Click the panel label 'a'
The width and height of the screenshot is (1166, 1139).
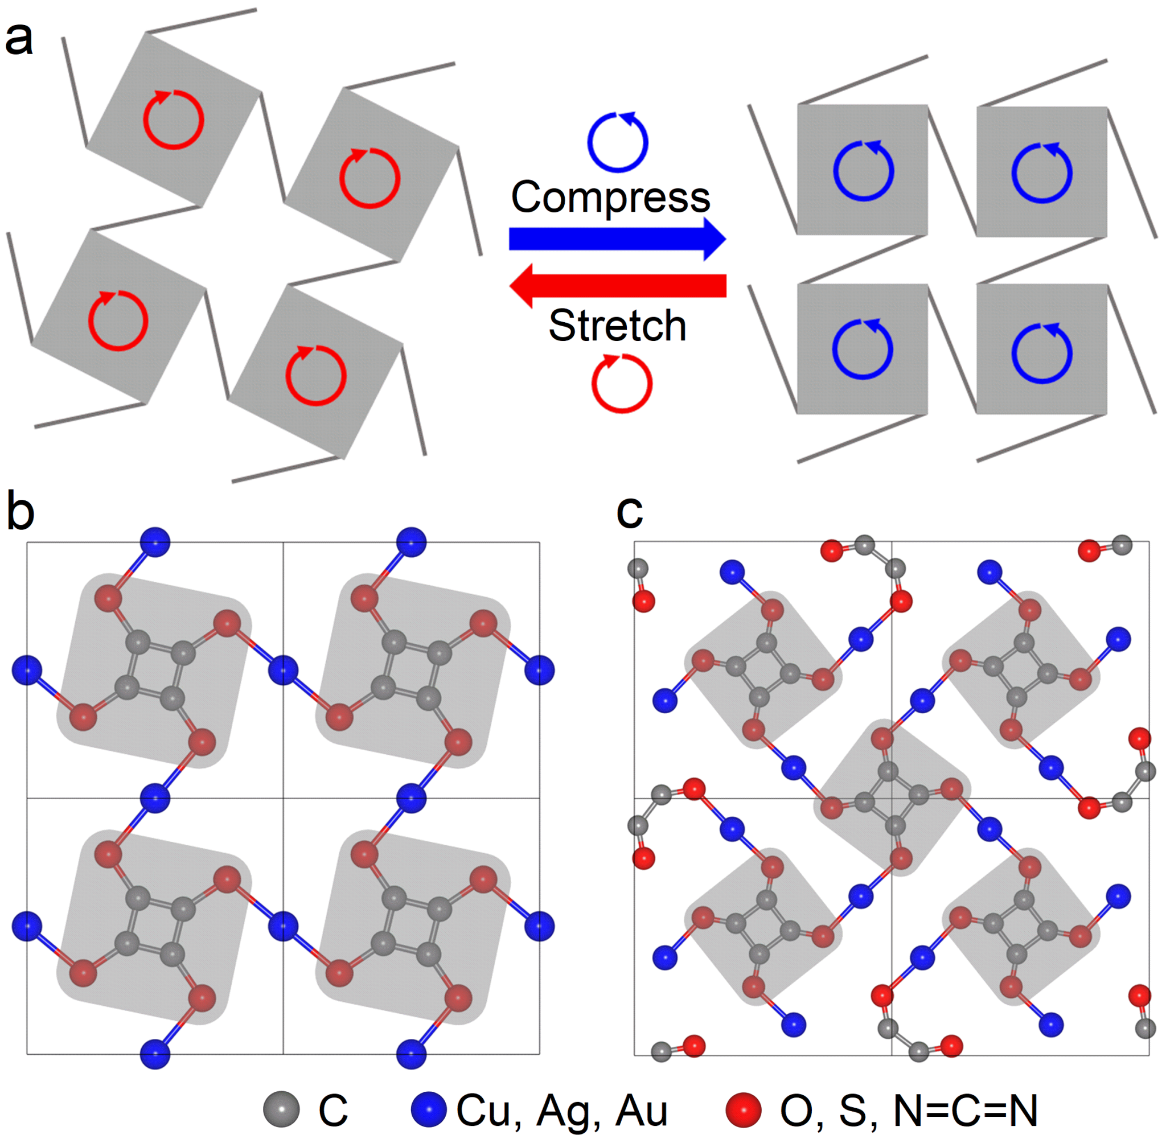click(x=19, y=39)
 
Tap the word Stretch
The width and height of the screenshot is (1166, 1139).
click(x=617, y=326)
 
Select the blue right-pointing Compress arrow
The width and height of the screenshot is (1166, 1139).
click(x=617, y=239)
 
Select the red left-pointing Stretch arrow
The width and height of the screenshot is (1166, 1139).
click(x=617, y=285)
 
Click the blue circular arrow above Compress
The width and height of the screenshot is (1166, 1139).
click(x=618, y=142)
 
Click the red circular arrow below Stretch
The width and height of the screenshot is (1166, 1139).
click(x=622, y=383)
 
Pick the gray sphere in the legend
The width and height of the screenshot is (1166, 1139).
click(x=281, y=1108)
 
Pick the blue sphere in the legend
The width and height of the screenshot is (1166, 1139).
click(x=428, y=1108)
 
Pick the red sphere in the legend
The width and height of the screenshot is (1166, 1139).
click(x=743, y=1108)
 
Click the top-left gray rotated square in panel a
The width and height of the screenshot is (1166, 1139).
click(x=174, y=119)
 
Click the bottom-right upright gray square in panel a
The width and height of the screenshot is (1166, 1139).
click(x=1041, y=349)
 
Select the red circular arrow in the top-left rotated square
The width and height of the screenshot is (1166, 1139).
click(x=174, y=120)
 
